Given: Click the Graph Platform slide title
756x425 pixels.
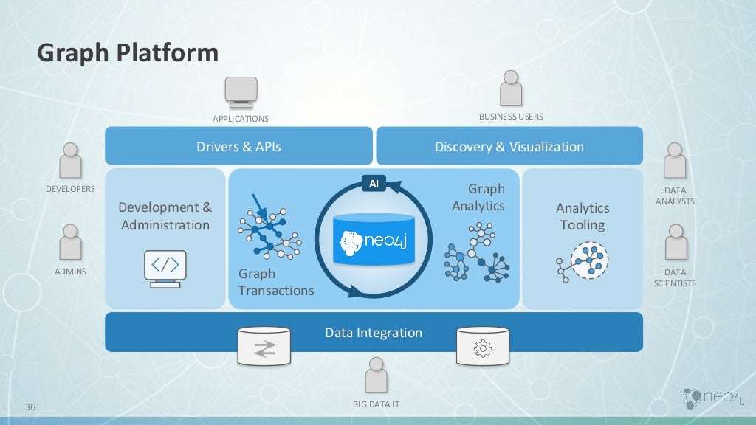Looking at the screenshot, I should click(x=128, y=53).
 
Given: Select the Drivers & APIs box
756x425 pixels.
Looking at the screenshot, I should click(x=238, y=146).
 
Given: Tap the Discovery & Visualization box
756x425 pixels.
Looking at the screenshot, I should click(x=509, y=146).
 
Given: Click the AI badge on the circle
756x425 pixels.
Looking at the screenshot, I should click(x=374, y=184).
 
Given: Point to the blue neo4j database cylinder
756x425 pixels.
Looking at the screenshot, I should click(x=374, y=239).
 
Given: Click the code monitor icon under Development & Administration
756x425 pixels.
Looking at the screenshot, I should click(x=165, y=268).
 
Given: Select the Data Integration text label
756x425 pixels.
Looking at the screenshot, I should click(x=374, y=333).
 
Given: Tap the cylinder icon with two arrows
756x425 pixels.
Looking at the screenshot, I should click(x=264, y=346).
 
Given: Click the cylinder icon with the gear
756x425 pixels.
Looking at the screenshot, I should click(x=483, y=346).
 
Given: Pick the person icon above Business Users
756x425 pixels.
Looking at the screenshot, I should click(x=511, y=89).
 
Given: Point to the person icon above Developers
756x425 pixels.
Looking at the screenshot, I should click(x=71, y=160).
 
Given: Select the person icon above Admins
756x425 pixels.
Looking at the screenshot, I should click(x=71, y=242).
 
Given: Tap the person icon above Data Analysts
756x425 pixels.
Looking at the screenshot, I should click(x=675, y=160).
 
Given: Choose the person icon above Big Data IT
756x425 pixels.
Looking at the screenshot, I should click(x=376, y=375).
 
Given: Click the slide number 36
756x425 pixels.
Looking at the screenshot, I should click(x=31, y=407).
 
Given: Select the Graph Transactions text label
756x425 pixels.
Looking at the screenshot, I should click(x=275, y=282).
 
